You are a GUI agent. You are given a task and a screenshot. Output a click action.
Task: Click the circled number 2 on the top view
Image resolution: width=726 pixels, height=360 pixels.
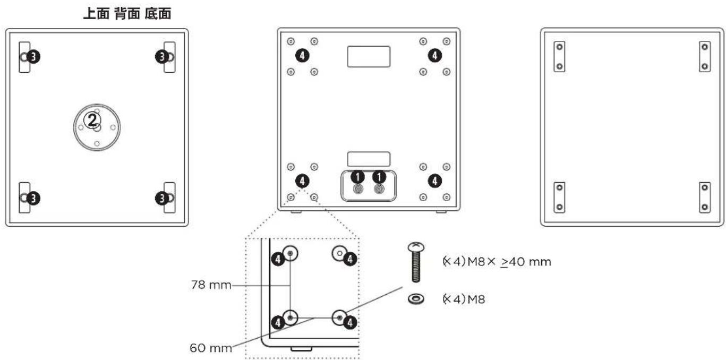point(93,120)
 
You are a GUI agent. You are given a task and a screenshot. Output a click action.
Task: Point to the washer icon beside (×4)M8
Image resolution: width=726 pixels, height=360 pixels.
point(415,299)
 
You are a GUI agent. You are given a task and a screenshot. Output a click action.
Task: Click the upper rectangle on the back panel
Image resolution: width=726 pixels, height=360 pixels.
point(369,56)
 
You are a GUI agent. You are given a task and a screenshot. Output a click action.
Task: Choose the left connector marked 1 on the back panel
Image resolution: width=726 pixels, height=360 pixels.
point(357,188)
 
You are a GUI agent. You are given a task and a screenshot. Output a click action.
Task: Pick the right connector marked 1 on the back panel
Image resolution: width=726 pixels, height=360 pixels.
point(379,188)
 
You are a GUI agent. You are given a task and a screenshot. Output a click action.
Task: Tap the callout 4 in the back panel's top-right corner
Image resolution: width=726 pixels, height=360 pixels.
point(435,55)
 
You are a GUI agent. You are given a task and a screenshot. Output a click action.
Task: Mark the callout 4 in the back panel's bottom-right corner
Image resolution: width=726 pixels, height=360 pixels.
point(435,181)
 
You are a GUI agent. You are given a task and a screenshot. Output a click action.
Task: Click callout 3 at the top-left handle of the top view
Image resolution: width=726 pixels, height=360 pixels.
point(32,56)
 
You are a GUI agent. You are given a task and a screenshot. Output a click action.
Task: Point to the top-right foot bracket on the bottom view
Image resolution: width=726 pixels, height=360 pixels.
point(705,57)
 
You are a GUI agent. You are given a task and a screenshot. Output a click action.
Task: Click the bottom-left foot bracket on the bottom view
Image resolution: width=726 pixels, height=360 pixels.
point(559,197)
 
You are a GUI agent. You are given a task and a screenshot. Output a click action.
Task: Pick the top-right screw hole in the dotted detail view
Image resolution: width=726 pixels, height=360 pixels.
point(339,253)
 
